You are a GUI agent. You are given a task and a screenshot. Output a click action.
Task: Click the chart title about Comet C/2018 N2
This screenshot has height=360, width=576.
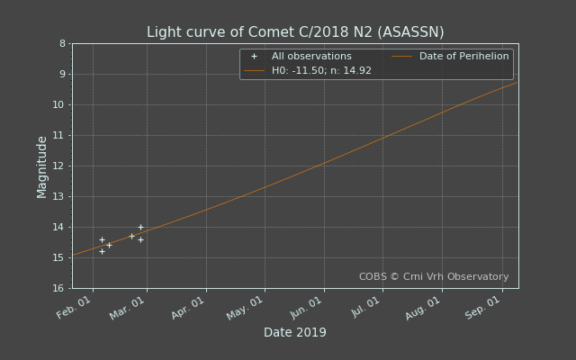[x=295, y=32]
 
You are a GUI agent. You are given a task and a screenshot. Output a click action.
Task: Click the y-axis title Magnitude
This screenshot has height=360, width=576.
[x=42, y=167]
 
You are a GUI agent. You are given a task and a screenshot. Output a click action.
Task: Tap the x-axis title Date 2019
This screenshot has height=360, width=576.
[x=295, y=332]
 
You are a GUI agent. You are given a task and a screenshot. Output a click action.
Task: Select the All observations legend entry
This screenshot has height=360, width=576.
[x=301, y=56]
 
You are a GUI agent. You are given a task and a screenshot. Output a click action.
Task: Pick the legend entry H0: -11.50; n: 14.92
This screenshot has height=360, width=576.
[x=308, y=70]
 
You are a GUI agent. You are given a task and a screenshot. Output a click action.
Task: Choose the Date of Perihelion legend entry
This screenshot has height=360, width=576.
[x=450, y=56]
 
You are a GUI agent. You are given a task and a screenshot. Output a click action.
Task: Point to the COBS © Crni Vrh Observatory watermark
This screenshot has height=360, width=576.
[x=434, y=276]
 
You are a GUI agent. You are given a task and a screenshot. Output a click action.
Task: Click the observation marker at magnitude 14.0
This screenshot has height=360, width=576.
[x=140, y=228]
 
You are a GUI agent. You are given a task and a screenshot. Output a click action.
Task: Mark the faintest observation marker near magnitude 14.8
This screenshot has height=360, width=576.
[x=102, y=252]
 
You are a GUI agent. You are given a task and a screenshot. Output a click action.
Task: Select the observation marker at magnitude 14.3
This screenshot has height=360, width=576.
[x=132, y=236]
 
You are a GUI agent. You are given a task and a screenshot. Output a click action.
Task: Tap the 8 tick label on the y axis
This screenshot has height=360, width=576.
[x=62, y=44]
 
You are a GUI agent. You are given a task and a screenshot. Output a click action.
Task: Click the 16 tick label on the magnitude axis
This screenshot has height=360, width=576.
[x=58, y=288]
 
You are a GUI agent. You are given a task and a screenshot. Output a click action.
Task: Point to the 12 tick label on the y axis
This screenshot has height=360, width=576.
[x=58, y=166]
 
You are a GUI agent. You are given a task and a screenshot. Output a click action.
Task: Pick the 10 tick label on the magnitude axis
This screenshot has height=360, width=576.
[x=58, y=105]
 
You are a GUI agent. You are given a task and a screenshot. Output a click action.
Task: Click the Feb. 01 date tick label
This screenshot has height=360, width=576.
[x=74, y=308]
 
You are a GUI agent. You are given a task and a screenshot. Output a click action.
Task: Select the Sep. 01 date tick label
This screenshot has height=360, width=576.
[x=482, y=308]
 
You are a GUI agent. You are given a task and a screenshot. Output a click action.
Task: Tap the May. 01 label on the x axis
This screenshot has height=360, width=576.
[x=245, y=308]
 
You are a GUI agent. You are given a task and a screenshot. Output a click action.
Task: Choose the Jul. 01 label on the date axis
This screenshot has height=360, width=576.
[x=365, y=307]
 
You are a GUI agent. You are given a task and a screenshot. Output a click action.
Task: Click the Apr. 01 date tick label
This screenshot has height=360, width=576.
[x=187, y=308]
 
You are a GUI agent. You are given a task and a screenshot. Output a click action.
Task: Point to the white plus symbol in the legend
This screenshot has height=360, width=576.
[x=254, y=57]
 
